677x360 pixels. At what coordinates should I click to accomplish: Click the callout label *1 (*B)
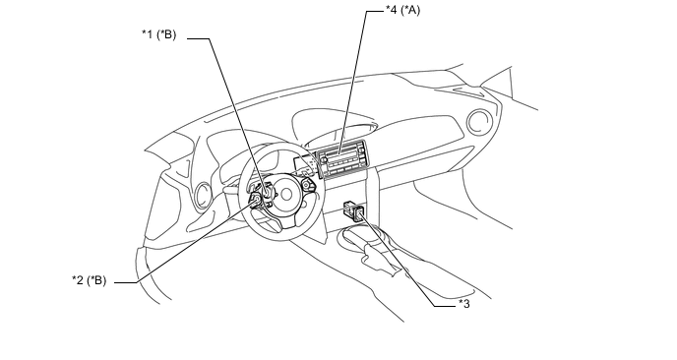tap(158, 34)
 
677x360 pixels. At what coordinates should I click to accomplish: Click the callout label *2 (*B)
tap(89, 280)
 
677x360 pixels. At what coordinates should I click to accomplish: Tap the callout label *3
tap(464, 304)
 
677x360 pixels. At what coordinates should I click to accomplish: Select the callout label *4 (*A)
tap(402, 10)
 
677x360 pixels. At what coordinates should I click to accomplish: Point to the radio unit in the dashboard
tap(343, 158)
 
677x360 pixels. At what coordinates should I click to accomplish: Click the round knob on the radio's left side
tap(324, 160)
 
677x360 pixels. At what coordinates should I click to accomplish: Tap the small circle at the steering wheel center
tap(286, 195)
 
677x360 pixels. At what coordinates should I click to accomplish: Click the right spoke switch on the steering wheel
tap(307, 185)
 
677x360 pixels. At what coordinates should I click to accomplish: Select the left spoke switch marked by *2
tap(255, 200)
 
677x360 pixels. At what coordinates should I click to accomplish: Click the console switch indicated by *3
tap(354, 210)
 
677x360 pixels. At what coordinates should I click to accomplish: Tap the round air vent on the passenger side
tap(479, 122)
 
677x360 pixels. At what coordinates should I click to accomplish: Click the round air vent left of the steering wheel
tap(202, 197)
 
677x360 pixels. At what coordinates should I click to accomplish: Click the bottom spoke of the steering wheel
tap(285, 218)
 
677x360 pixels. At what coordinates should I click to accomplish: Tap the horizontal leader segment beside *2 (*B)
tap(126, 282)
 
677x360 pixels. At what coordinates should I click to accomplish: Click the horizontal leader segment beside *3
tap(445, 307)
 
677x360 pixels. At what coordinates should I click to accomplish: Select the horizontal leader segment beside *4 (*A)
tap(375, 11)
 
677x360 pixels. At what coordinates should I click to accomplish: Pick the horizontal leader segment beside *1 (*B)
tap(199, 38)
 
